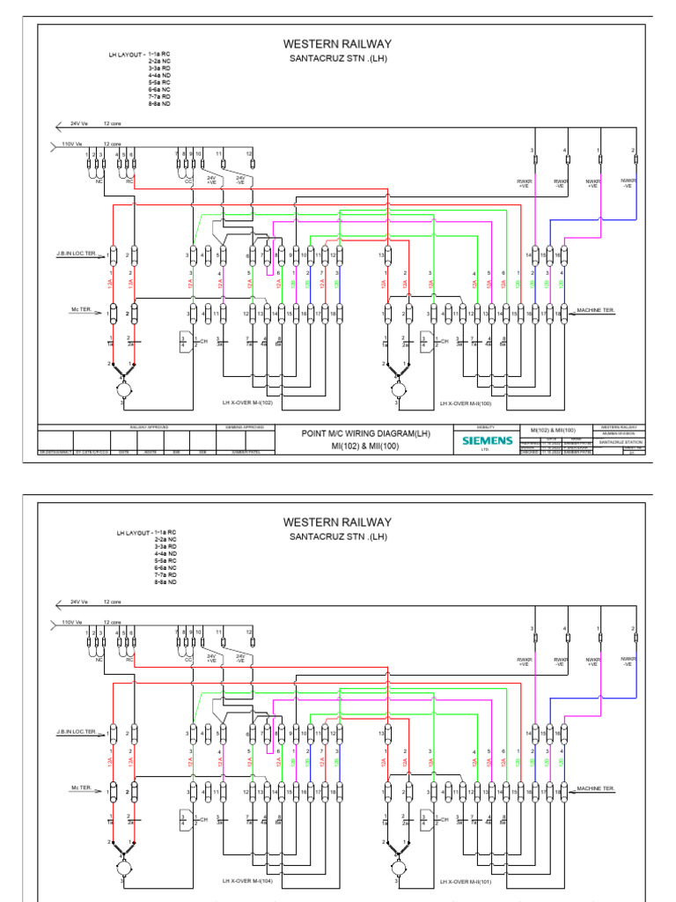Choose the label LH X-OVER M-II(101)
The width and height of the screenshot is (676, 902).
pos(466,880)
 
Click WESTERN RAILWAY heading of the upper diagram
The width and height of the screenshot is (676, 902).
pos(337,44)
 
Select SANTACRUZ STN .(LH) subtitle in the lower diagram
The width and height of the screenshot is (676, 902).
pos(338,536)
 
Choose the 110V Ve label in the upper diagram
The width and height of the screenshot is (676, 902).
pos(71,144)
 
